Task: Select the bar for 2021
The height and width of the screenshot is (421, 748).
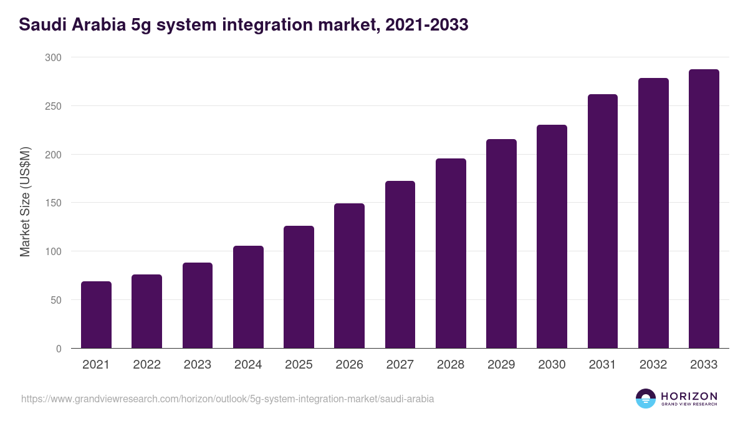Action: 96,315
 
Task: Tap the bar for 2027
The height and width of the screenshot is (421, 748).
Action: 400,264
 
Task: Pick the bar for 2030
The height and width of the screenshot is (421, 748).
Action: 552,236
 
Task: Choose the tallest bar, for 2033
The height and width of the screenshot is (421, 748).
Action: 704,209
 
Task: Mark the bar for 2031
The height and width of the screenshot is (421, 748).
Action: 603,221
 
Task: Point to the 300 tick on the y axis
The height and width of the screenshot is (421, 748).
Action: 54,57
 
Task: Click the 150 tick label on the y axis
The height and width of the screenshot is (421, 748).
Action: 54,203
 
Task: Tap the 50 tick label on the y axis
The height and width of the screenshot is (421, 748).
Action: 57,300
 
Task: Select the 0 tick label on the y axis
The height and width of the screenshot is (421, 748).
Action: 59,349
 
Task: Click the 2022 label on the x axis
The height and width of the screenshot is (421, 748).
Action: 146,365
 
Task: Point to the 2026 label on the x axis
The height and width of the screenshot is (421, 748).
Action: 349,365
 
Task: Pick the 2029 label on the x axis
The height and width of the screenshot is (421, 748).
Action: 501,365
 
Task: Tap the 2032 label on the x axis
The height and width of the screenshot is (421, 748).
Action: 653,365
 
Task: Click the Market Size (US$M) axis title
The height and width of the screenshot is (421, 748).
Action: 25,202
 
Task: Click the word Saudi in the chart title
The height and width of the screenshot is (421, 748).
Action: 41,25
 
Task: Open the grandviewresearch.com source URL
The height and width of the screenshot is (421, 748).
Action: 228,399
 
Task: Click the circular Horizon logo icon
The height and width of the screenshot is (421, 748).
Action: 646,399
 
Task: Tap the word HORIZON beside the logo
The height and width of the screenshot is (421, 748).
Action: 689,395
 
